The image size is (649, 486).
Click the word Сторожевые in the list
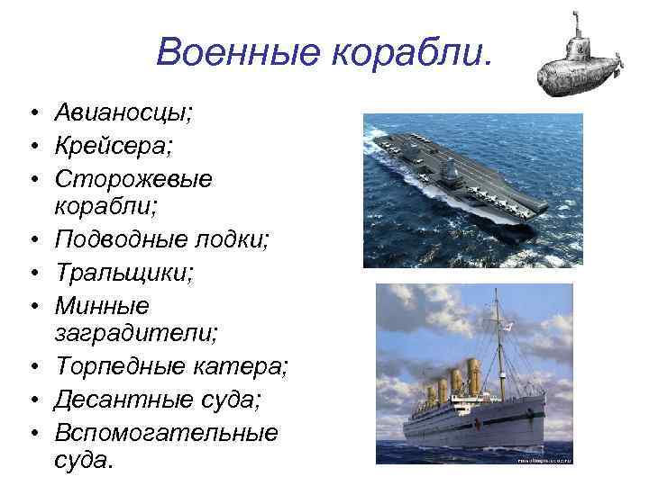tap(133, 178)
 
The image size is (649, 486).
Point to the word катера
tap(241, 367)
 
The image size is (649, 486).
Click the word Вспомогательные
tap(166, 432)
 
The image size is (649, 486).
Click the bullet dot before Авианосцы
tap(31, 113)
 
